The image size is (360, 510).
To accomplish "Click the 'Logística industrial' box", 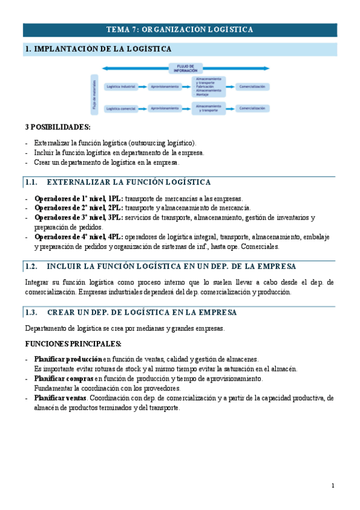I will pos(120,87).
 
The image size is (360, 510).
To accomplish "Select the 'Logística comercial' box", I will pos(120,108).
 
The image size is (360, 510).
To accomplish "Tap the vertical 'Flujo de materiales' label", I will pos(94,94).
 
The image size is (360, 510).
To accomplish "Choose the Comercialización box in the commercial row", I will pos(252,108).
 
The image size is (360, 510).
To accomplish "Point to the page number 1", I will pos(332,485).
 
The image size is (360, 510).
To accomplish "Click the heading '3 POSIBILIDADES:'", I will pos(58,127).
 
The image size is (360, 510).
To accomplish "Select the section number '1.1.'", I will pos(31,182).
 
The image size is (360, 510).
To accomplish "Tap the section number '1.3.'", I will pos(31,313).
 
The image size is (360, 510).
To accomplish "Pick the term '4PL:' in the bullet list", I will pos(116,237).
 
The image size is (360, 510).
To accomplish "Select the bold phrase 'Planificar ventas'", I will pos(61,398).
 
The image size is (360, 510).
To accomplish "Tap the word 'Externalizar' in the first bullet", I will pos(52,143).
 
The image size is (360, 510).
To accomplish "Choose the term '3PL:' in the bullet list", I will pos(116,218).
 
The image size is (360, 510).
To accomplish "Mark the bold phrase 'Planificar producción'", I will pos(68,359).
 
